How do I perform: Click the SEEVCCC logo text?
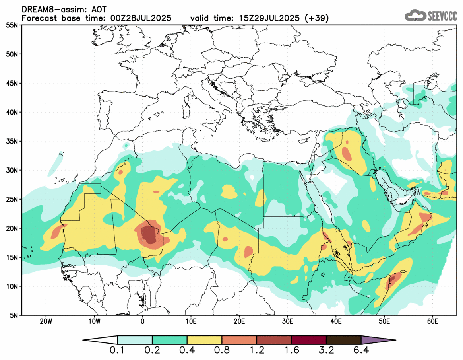(x=442, y=16)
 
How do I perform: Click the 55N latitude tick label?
(x=12, y=25)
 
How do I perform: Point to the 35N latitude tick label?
(x=12, y=141)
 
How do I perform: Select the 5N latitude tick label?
(x=13, y=315)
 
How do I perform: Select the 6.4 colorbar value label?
(x=361, y=351)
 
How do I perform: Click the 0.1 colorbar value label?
(x=118, y=351)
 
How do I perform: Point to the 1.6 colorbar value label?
(x=291, y=351)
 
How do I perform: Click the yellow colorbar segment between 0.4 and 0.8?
(x=204, y=340)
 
